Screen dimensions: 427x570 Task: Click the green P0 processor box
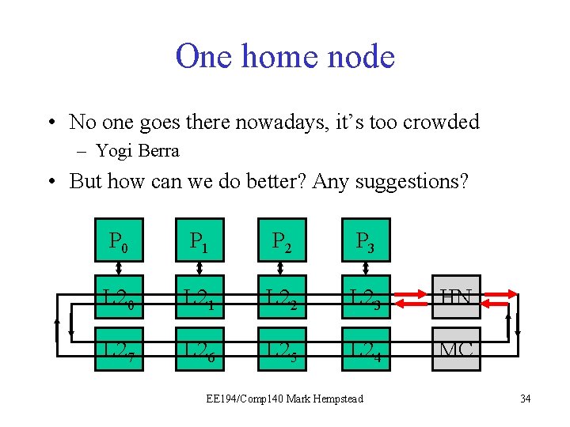click(119, 240)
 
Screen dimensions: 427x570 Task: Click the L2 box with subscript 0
click(119, 298)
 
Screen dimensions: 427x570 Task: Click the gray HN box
click(456, 298)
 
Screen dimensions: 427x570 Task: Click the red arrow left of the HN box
click(411, 298)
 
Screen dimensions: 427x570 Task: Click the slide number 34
click(526, 399)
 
